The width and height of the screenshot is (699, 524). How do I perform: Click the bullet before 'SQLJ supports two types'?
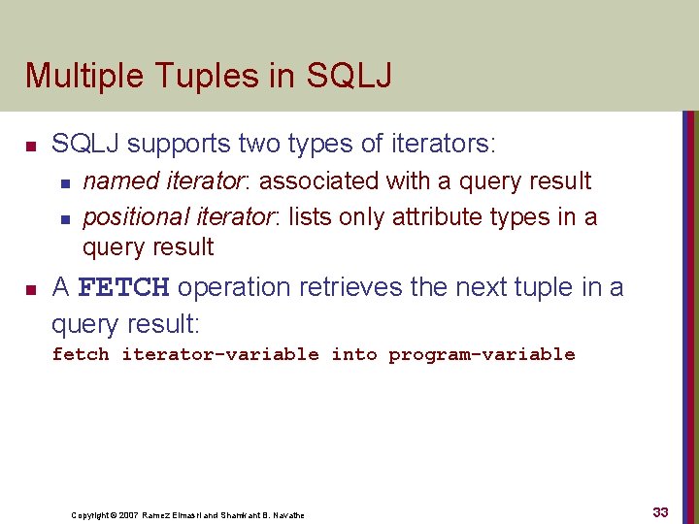pyautogui.click(x=31, y=147)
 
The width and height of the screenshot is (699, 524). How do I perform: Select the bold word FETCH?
pyautogui.click(x=123, y=288)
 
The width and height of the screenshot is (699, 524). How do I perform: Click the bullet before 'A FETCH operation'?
pyautogui.click(x=31, y=289)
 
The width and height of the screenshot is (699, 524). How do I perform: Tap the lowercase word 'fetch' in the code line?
pyautogui.click(x=81, y=355)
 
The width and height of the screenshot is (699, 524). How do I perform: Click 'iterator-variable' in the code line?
pyautogui.click(x=219, y=355)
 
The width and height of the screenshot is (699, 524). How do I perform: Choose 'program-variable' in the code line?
pyautogui.click(x=482, y=355)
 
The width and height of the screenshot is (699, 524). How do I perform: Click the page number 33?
pyautogui.click(x=660, y=511)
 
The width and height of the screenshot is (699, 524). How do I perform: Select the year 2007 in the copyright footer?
pyautogui.click(x=129, y=514)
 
